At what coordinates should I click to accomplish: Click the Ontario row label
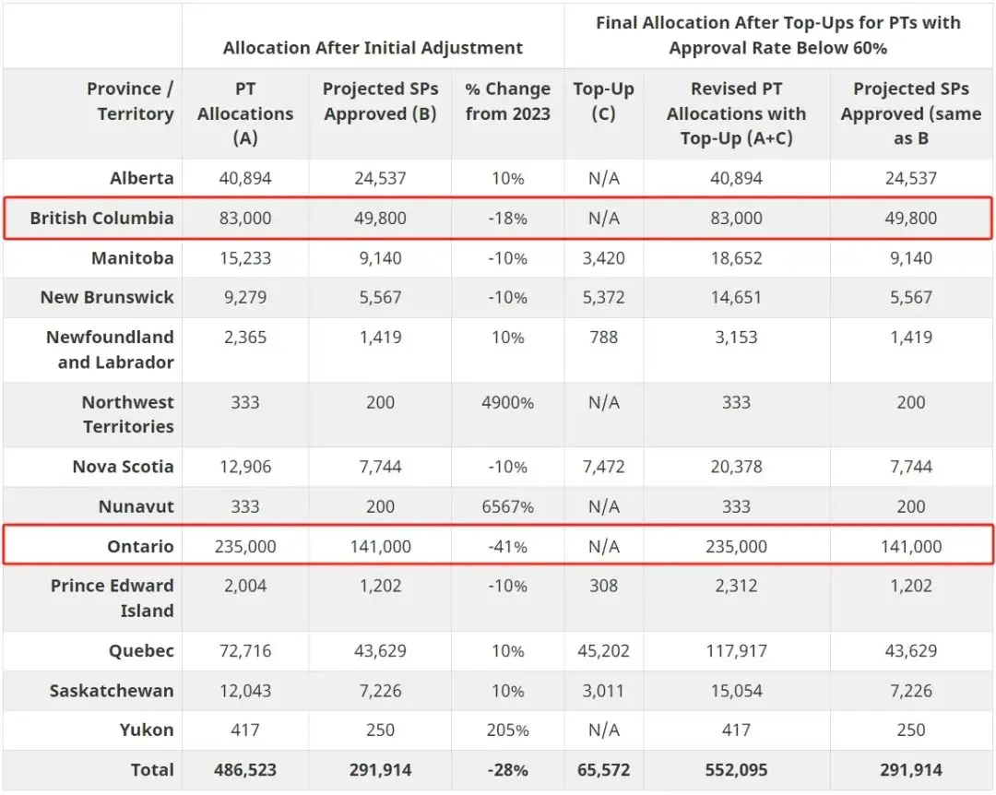[140, 546]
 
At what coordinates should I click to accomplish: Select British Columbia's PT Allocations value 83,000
[245, 218]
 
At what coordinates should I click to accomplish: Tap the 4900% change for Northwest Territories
[507, 402]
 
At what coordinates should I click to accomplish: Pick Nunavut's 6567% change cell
[507, 506]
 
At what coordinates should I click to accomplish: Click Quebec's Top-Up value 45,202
[603, 651]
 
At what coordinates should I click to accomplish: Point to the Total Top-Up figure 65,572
[603, 769]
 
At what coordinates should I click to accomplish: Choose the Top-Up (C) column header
[603, 101]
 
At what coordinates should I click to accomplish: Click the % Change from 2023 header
[507, 101]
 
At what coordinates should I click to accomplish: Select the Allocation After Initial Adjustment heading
[373, 48]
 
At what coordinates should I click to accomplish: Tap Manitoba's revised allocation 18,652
[736, 258]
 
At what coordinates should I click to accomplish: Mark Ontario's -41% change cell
[507, 547]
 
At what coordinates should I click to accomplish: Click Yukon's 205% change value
[507, 730]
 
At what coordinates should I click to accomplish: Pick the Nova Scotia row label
[124, 467]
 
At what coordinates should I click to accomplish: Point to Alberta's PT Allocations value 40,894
[245, 178]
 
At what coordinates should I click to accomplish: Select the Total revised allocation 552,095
[736, 769]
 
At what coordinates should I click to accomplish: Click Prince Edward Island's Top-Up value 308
[603, 586]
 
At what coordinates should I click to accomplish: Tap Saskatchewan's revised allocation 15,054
[736, 691]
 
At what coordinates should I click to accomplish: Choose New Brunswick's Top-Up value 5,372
[603, 297]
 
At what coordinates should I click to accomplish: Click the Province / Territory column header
[130, 101]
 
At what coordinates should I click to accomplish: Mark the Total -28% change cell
[507, 770]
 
